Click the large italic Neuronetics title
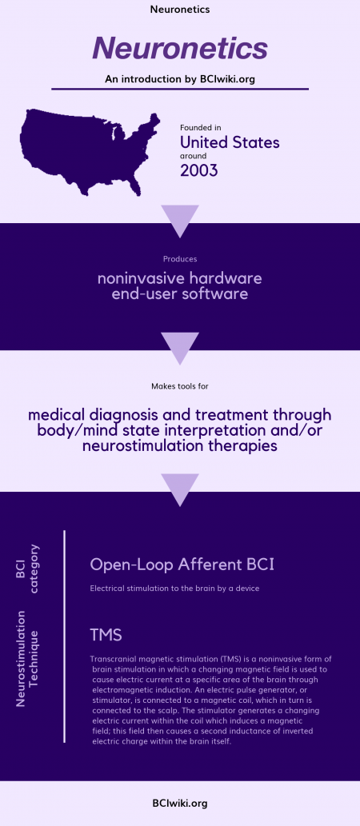point(180,48)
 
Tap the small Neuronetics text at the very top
point(180,10)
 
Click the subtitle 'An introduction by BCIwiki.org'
point(180,78)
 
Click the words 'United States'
point(229,142)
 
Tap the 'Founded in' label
point(200,128)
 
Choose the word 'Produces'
point(180,259)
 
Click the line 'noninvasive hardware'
point(180,279)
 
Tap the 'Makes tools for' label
point(180,386)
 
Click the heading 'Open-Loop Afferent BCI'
point(182,565)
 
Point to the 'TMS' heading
point(106,635)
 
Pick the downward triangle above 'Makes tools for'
point(180,345)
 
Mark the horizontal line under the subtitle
point(180,89)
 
